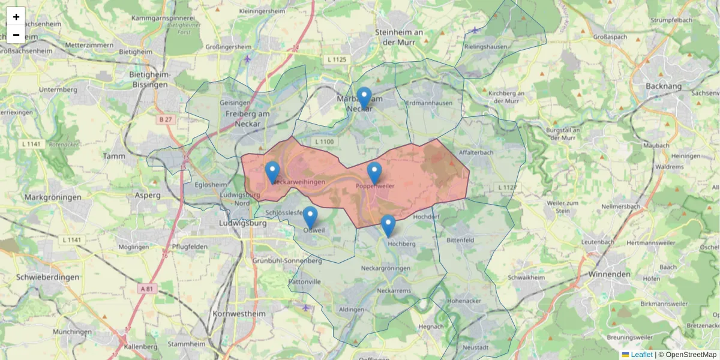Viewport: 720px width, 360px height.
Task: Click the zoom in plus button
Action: coord(16,17)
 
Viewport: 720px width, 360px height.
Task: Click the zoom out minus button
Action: coord(16,35)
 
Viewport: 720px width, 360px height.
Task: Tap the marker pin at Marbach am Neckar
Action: coord(364,98)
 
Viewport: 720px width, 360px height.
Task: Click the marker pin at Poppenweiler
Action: coord(374,173)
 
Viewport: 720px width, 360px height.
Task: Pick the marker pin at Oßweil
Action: coord(310,217)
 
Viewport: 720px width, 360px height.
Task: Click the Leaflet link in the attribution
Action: coord(641,355)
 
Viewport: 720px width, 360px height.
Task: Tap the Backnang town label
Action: coord(664,86)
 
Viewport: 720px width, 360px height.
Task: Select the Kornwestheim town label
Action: coord(239,314)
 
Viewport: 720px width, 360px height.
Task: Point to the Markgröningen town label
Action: coord(53,197)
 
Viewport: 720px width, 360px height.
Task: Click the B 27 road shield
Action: coord(166,119)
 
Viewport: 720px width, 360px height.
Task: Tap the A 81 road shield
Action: coord(146,289)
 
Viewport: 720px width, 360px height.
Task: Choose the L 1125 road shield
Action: coord(338,59)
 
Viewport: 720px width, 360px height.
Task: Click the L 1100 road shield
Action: coord(323,142)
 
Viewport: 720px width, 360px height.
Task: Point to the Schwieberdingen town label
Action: coord(48,277)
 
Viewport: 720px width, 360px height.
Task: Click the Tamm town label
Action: coord(114,156)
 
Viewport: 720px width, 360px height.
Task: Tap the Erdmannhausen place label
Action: coord(429,103)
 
